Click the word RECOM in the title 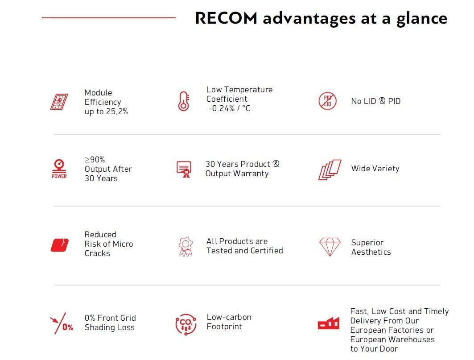point(226,18)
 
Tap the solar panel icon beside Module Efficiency point(59,102)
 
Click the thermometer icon point(184,101)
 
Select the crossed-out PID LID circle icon point(327,101)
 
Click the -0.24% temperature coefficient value point(222,108)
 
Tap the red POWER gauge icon point(59,169)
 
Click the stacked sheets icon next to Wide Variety point(330,170)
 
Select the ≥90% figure point(95,159)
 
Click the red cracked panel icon point(60,245)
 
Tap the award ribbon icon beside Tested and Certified point(185,247)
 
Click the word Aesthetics point(371,252)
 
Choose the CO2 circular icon point(186,324)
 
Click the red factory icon point(329,323)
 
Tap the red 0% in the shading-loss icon point(68,327)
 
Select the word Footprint point(224,327)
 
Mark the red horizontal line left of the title point(108,18)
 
